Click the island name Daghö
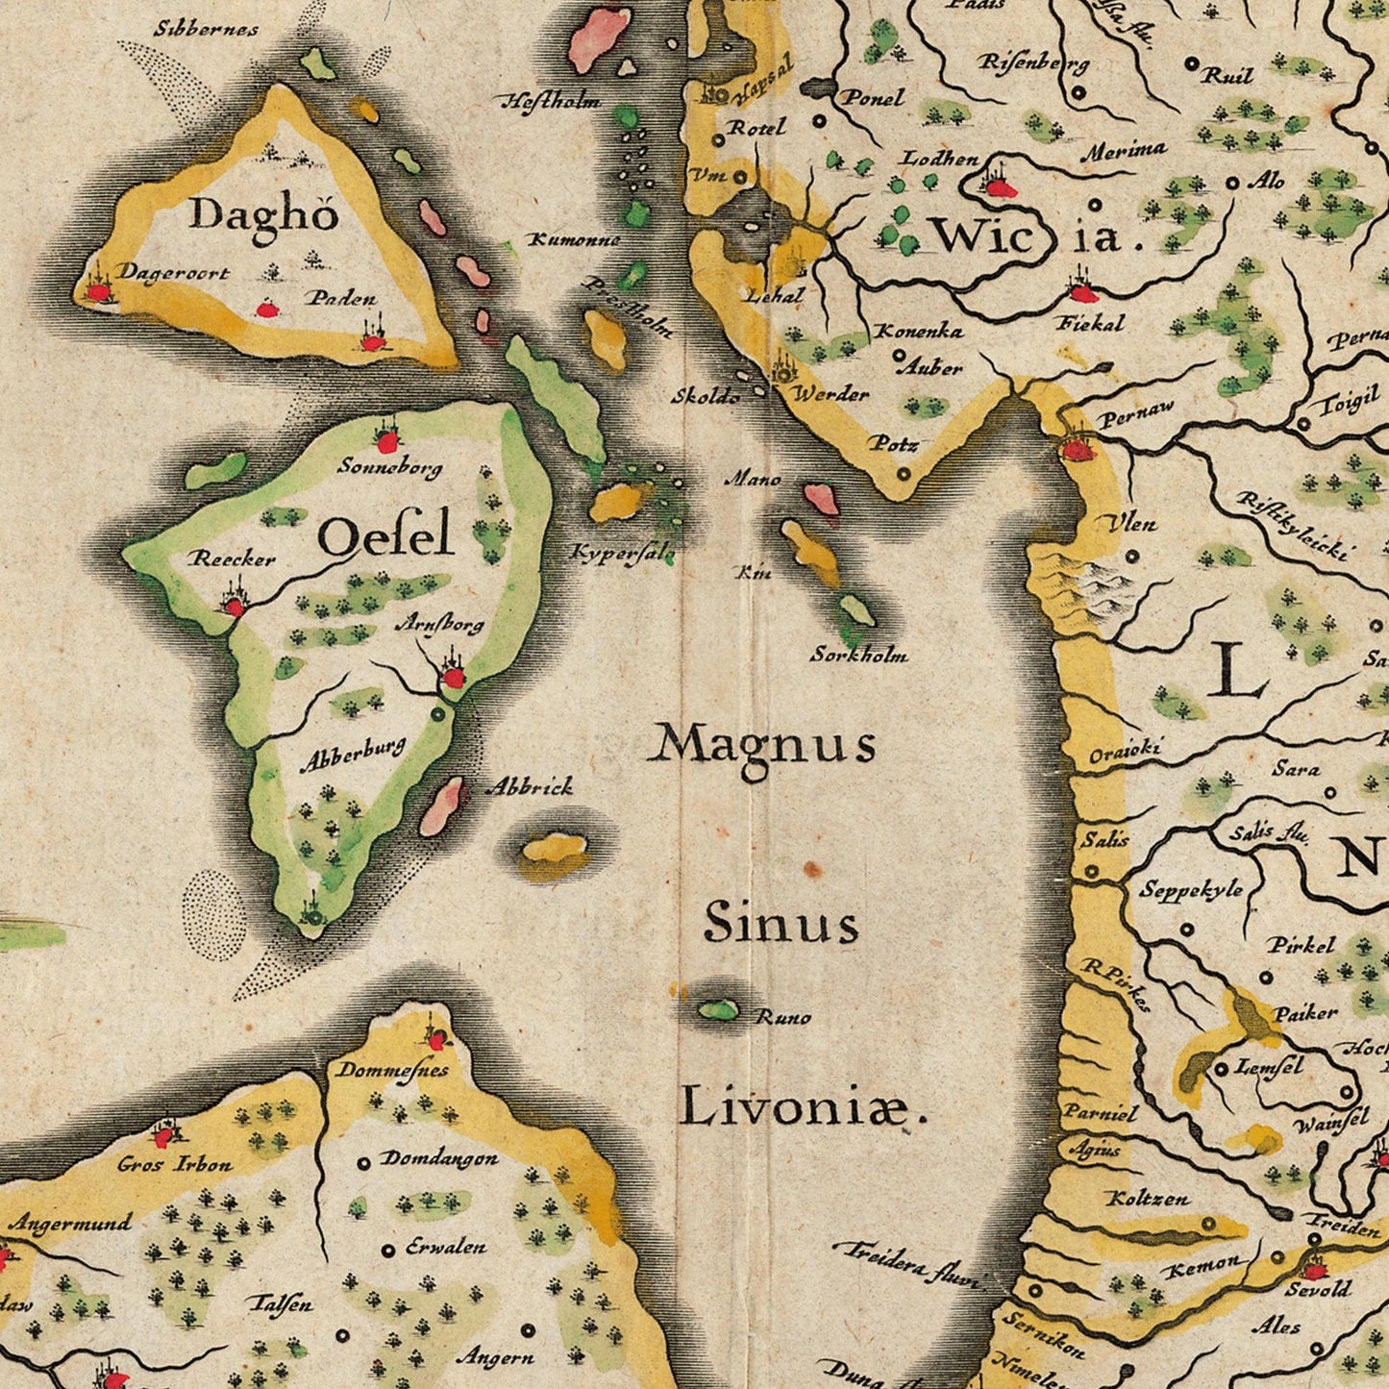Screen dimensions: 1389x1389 pos(263,213)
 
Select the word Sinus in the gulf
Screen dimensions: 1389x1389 pos(781,924)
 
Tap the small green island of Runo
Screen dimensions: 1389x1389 pos(717,1009)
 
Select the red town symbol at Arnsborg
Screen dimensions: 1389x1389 pos(452,678)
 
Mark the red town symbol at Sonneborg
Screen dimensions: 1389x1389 pos(386,441)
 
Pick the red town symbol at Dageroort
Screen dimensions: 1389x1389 pos(98,291)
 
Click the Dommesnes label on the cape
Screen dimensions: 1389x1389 pos(391,1070)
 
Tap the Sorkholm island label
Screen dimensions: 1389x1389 pos(858,656)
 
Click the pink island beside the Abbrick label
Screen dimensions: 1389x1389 pos(441,806)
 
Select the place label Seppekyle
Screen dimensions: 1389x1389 pos(1191,890)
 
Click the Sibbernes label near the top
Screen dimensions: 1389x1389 pos(206,29)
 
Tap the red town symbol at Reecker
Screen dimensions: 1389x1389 pos(234,606)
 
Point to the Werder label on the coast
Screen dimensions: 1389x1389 pos(830,394)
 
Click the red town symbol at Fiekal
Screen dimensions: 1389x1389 pos(1082,293)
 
